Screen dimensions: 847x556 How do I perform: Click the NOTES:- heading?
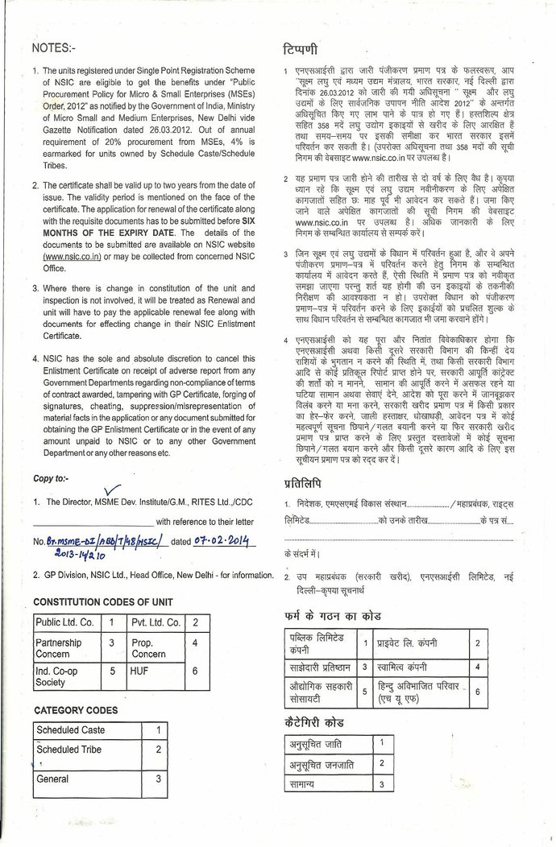(52, 48)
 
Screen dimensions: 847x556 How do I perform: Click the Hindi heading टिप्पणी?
(301, 48)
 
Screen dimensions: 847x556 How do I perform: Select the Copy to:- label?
(56, 478)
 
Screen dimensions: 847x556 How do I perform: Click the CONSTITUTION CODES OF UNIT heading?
(102, 602)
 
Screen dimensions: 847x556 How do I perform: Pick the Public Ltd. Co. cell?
(64, 622)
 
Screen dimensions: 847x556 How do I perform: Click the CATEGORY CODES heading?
(76, 710)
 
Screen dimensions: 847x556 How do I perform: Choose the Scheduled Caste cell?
(70, 730)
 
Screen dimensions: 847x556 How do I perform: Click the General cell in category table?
(52, 779)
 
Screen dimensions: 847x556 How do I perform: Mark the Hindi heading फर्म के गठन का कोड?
(333, 616)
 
